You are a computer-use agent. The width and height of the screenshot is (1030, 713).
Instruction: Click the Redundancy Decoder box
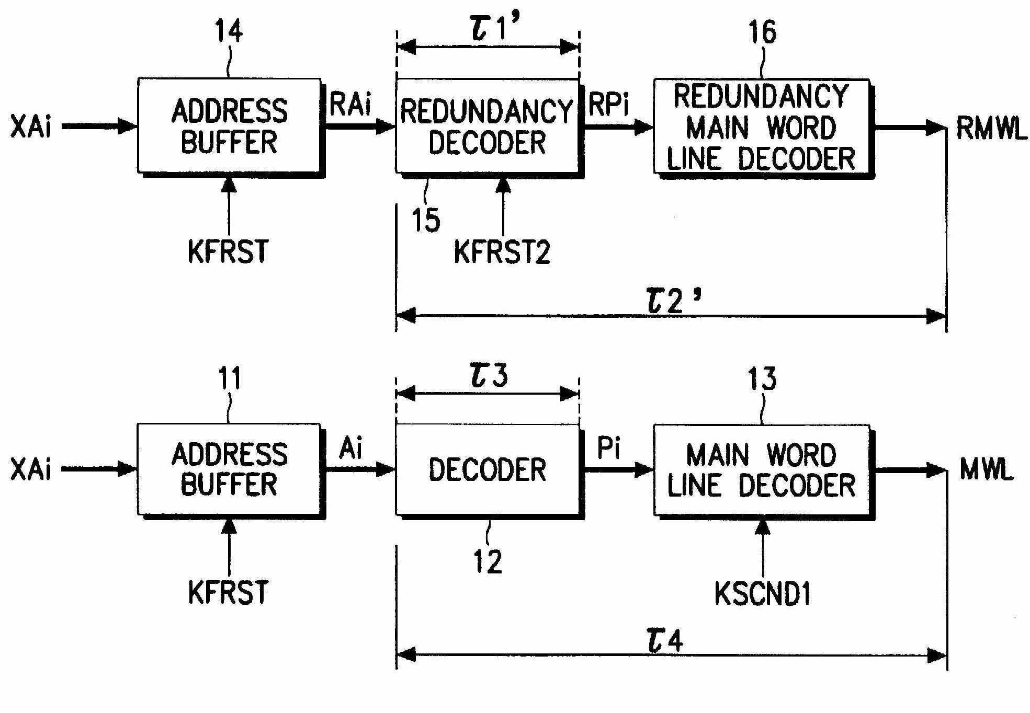pyautogui.click(x=487, y=125)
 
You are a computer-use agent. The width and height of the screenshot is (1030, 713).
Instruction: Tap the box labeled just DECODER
pyautogui.click(x=487, y=469)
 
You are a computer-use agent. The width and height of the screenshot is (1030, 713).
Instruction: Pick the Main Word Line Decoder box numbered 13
pyautogui.click(x=761, y=470)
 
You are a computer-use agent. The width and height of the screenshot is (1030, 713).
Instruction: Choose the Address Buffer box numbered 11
pyautogui.click(x=229, y=469)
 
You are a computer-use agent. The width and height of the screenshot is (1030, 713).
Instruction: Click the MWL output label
pyautogui.click(x=987, y=470)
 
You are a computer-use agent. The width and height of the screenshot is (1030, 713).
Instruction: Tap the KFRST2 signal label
pyautogui.click(x=502, y=252)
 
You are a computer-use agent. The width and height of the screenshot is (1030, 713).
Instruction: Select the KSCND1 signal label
pyautogui.click(x=762, y=594)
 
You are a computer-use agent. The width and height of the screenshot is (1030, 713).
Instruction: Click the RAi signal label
pyautogui.click(x=350, y=105)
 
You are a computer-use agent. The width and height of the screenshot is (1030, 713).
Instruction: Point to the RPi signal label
pyautogui.click(x=608, y=105)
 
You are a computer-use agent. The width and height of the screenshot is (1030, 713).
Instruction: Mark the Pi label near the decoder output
pyautogui.click(x=608, y=448)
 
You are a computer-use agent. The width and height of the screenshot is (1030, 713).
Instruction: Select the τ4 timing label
pyautogui.click(x=665, y=640)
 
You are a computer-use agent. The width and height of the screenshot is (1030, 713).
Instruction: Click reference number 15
pyautogui.click(x=426, y=220)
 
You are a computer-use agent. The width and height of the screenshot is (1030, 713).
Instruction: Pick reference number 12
pyautogui.click(x=488, y=562)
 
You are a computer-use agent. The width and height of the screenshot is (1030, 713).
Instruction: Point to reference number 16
pyautogui.click(x=762, y=32)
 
